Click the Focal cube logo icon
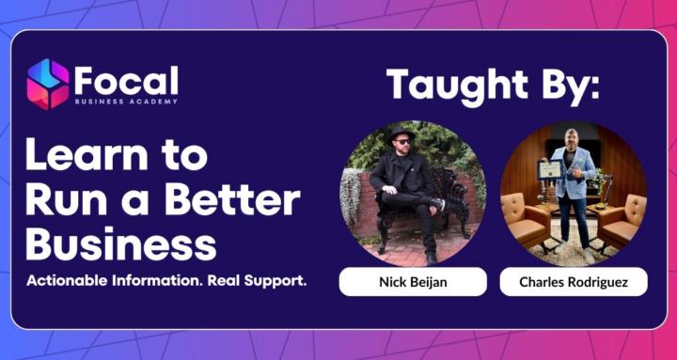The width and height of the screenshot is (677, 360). pyautogui.click(x=47, y=84)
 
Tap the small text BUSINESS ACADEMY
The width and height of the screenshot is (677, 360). pyautogui.click(x=125, y=101)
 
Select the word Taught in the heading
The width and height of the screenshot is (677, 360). pyautogui.click(x=457, y=85)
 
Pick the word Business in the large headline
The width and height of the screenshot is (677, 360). pyautogui.click(x=120, y=243)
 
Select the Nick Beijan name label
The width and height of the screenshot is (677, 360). pyautogui.click(x=412, y=281)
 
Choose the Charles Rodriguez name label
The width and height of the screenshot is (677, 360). pyautogui.click(x=573, y=281)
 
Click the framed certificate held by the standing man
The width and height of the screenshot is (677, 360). pyautogui.click(x=549, y=170)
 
